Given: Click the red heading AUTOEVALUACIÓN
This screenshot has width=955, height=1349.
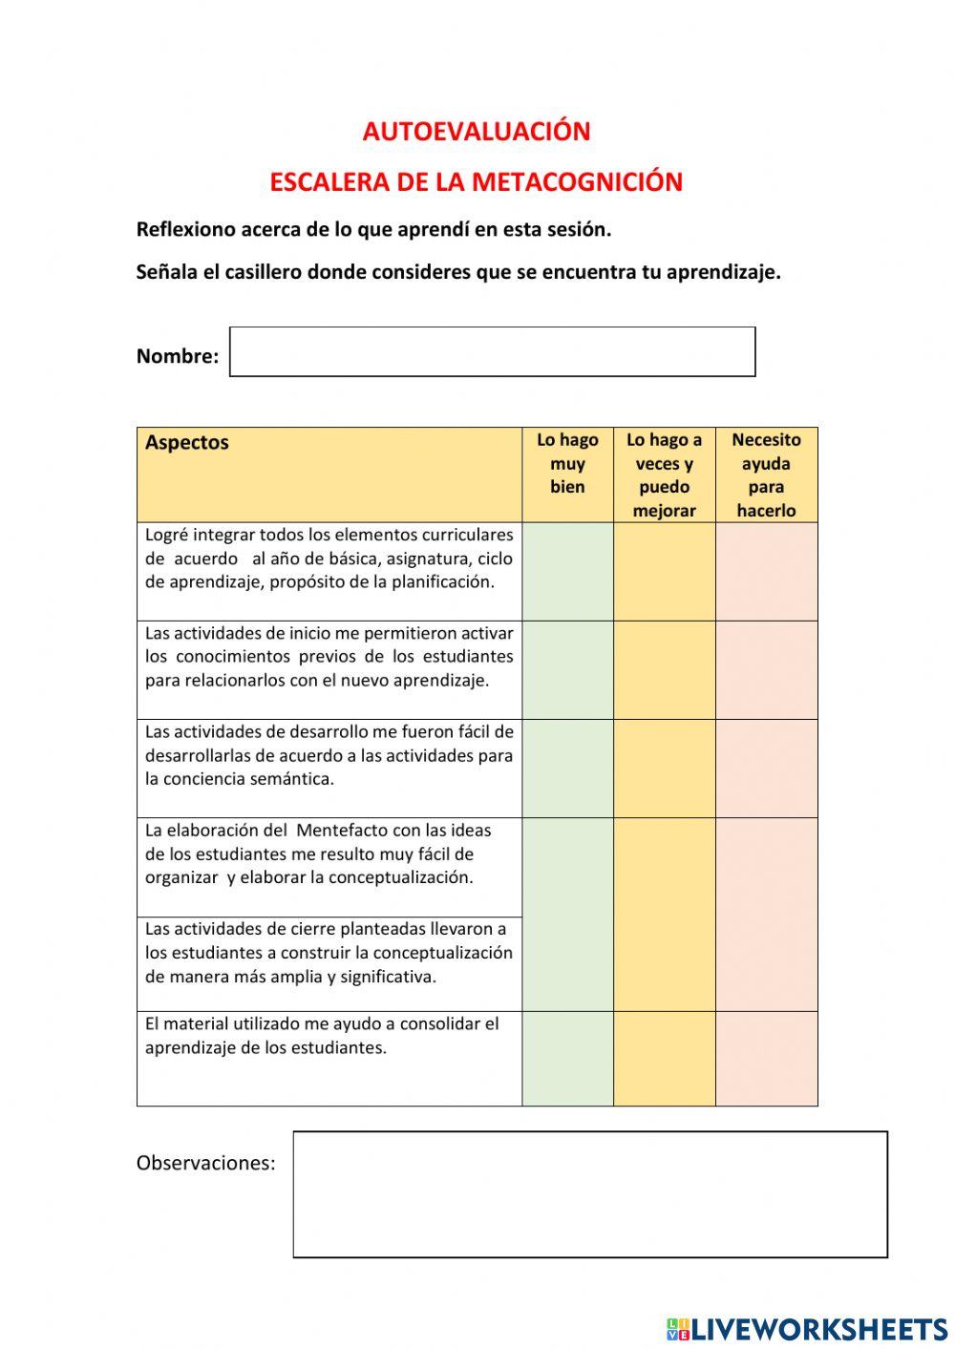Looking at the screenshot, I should click(476, 132).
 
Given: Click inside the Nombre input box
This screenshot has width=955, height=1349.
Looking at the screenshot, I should click(492, 352).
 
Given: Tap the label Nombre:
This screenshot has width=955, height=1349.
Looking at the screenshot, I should click(178, 356).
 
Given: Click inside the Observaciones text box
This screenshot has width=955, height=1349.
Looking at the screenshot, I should click(589, 1194).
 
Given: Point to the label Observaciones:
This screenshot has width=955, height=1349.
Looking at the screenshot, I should click(205, 1163).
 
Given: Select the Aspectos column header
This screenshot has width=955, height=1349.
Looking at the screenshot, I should click(187, 443).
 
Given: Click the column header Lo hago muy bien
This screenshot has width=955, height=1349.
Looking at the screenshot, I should click(567, 464).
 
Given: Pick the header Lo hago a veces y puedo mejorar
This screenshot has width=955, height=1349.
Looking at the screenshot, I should click(664, 474).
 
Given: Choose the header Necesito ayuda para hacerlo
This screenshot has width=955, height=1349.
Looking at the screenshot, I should click(766, 474).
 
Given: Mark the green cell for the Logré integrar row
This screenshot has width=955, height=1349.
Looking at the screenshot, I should click(567, 571).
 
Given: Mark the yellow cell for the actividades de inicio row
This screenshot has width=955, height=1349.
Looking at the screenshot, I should click(664, 669).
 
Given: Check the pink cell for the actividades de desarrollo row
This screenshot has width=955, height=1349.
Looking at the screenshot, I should click(766, 768).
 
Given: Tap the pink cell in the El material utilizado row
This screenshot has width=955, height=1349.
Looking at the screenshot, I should click(766, 1058).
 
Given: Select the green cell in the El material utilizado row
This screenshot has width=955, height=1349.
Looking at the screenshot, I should click(567, 1058).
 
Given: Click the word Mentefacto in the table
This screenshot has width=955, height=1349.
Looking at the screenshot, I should click(341, 831).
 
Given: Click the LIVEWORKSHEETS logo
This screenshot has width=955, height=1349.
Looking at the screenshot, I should click(807, 1329).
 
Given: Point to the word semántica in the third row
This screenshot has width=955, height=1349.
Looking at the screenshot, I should click(290, 779).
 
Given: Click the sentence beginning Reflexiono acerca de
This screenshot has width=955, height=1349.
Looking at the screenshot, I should click(373, 229).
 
